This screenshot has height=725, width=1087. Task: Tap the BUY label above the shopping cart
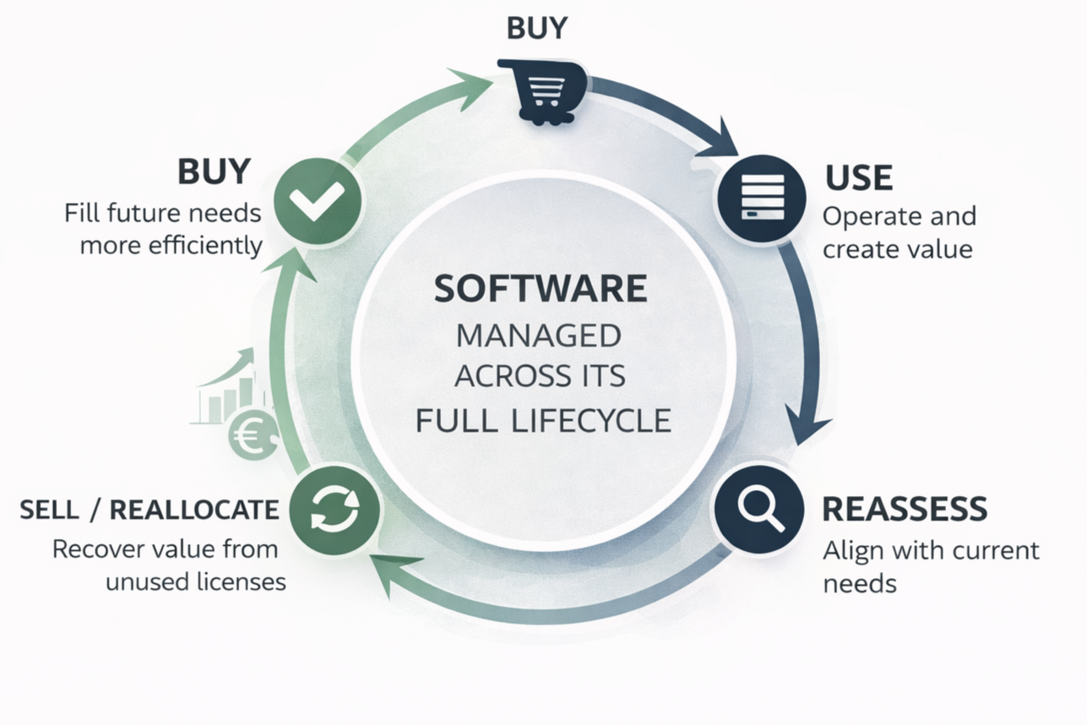pos(537,28)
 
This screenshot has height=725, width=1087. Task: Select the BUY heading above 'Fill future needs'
pos(214,172)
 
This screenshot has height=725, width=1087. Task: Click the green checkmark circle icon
pos(318,202)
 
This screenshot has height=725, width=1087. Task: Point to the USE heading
pos(859,177)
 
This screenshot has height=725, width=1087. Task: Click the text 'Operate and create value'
pos(899,232)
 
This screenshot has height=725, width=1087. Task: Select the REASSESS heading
pos(905,509)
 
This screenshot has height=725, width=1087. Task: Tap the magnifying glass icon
pos(758,510)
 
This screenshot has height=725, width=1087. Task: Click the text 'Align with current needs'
pos(931,566)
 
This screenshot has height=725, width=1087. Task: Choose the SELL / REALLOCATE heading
pos(149,510)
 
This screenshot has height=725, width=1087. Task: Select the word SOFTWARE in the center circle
pos(541,289)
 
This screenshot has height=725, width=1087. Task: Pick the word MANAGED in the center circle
pos(539,335)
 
